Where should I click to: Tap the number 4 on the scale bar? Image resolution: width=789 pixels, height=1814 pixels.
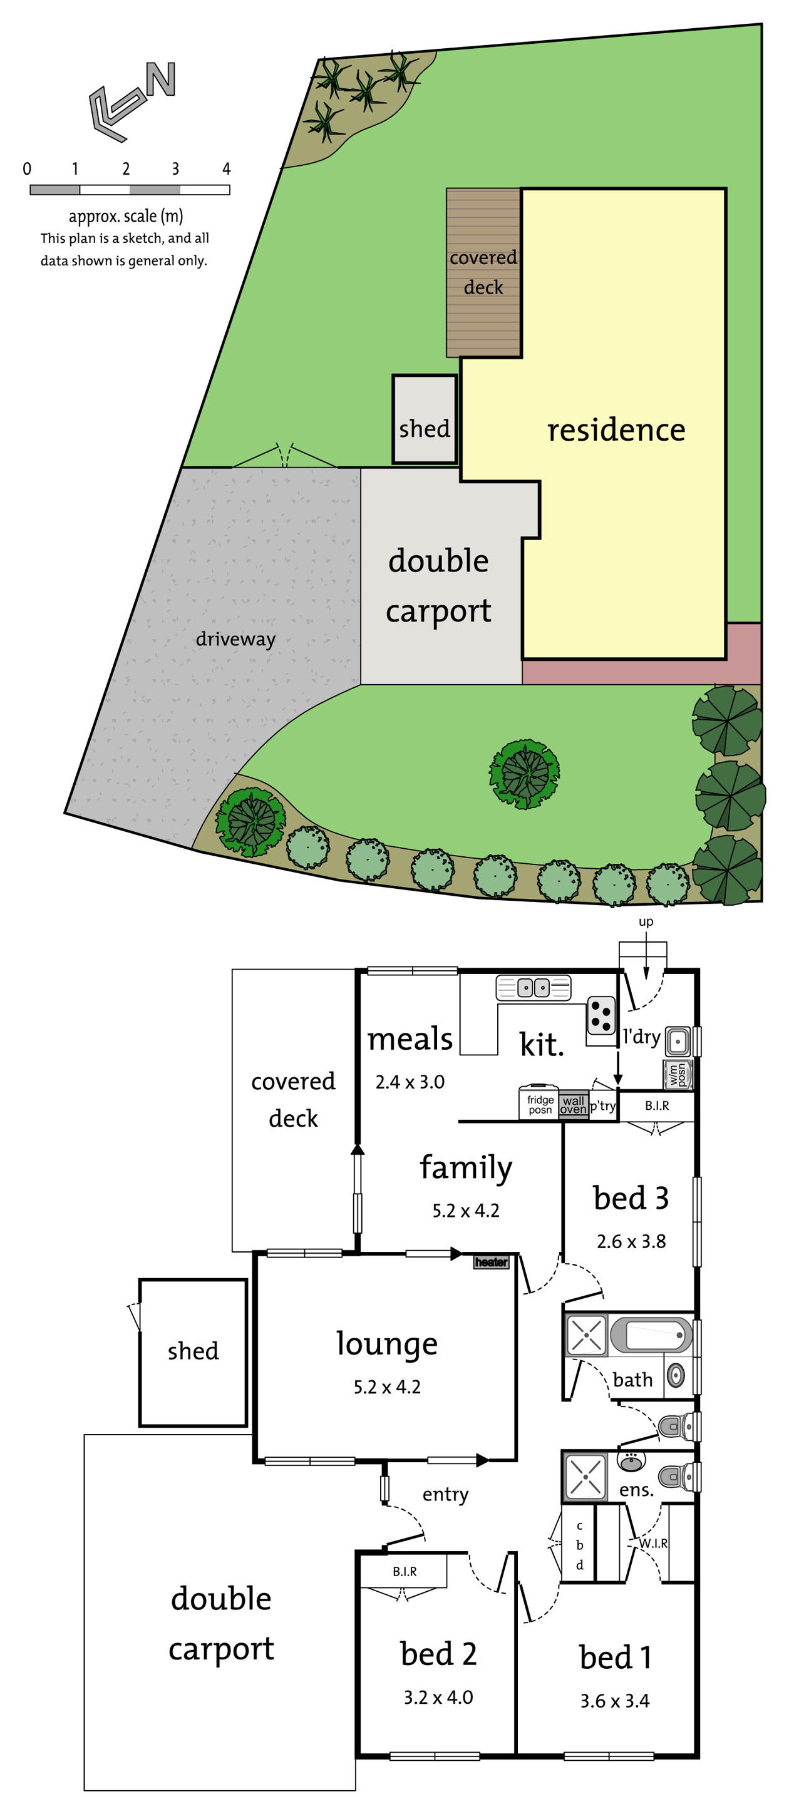pyautogui.click(x=226, y=169)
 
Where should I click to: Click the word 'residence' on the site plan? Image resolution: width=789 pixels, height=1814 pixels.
pyautogui.click(x=616, y=429)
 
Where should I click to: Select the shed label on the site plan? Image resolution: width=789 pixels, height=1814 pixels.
pyautogui.click(x=424, y=428)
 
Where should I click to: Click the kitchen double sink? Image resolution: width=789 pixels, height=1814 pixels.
pyautogui.click(x=534, y=987)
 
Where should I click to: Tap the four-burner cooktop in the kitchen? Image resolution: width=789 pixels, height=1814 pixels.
pyautogui.click(x=601, y=1015)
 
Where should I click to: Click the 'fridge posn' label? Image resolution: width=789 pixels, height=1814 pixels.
pyautogui.click(x=540, y=1104)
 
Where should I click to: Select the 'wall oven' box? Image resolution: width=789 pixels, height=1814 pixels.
pyautogui.click(x=574, y=1104)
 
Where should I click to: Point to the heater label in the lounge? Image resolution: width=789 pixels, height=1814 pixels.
pyautogui.click(x=491, y=1262)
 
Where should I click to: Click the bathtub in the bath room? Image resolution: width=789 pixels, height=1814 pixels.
pyautogui.click(x=650, y=1335)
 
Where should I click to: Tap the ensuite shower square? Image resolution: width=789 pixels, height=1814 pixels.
pyautogui.click(x=585, y=1475)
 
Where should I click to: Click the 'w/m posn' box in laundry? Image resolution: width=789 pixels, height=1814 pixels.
pyautogui.click(x=678, y=1075)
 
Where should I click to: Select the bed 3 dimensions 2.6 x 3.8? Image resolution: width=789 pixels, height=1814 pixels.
pyautogui.click(x=631, y=1241)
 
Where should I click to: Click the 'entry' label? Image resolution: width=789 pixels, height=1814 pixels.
pyautogui.click(x=445, y=1494)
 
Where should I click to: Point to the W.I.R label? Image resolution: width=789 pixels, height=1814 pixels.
pyautogui.click(x=653, y=1543)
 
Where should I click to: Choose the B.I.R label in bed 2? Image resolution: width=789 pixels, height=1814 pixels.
pyautogui.click(x=405, y=1571)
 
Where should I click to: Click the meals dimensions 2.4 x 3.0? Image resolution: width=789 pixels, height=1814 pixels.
pyautogui.click(x=410, y=1082)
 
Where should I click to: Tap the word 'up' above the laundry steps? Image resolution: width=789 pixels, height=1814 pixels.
pyautogui.click(x=646, y=922)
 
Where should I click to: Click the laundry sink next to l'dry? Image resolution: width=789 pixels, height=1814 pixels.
pyautogui.click(x=678, y=1040)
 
